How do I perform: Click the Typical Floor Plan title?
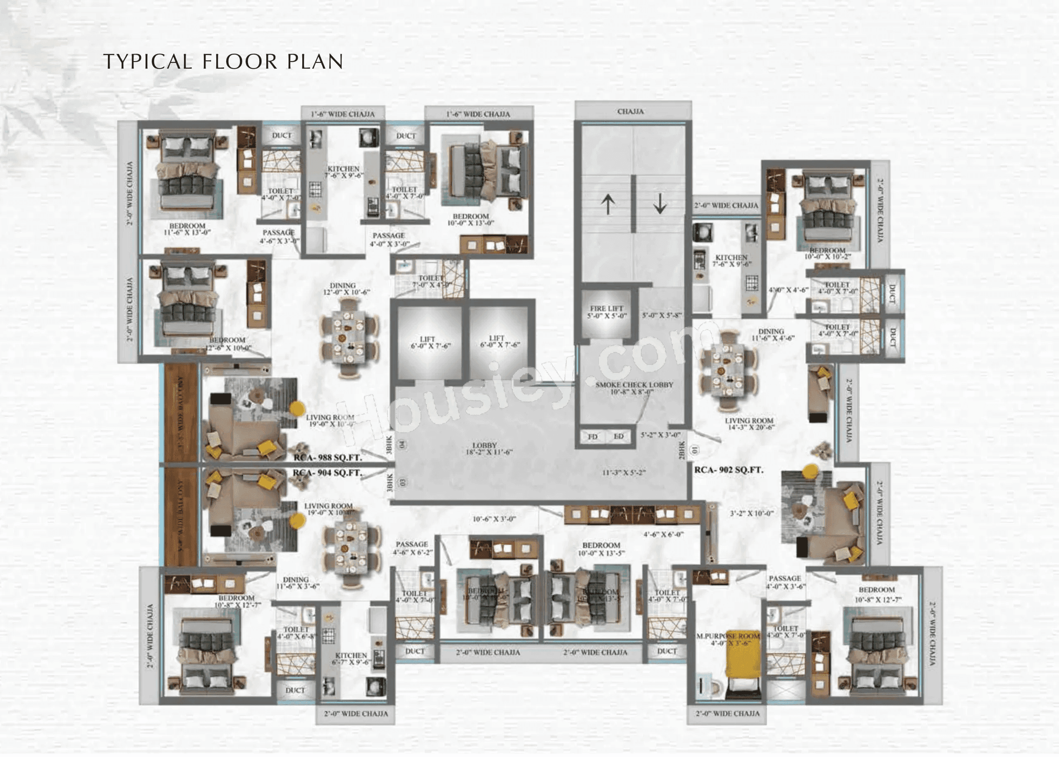click(223, 62)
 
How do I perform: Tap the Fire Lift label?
click(607, 312)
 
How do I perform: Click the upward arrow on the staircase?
click(607, 204)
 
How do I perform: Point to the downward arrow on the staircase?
click(660, 204)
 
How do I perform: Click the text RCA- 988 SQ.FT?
click(328, 458)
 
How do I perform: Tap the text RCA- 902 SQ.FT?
click(729, 470)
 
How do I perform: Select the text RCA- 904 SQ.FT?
click(328, 473)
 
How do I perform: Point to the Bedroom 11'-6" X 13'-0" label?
click(187, 229)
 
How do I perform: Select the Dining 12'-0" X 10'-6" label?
click(346, 289)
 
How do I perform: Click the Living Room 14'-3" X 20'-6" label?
click(749, 424)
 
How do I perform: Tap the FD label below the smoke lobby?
click(593, 437)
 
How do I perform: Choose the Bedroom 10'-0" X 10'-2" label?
click(827, 254)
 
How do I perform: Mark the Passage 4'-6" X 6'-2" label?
click(412, 548)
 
